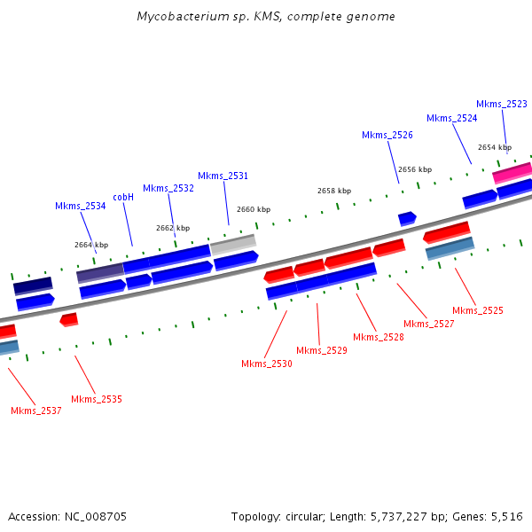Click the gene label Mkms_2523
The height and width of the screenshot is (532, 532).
click(502, 104)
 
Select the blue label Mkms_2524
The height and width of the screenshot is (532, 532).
click(451, 118)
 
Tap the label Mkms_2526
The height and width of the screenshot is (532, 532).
click(387, 135)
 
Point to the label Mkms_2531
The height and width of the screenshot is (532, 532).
click(223, 176)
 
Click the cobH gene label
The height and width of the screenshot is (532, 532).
click(123, 197)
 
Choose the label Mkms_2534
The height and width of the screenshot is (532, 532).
click(80, 206)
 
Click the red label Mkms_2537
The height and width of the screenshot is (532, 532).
click(36, 411)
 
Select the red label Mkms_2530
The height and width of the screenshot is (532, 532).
click(267, 364)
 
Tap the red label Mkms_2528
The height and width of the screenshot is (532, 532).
click(379, 337)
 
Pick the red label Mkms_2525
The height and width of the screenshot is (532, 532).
click(478, 310)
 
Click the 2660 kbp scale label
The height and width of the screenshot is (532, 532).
click(254, 209)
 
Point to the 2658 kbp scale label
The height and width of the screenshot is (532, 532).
click(334, 191)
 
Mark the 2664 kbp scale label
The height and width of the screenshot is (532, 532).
click(91, 245)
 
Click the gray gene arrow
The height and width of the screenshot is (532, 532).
click(233, 242)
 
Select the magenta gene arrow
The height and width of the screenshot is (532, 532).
click(512, 171)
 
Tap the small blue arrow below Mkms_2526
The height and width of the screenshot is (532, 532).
click(407, 217)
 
